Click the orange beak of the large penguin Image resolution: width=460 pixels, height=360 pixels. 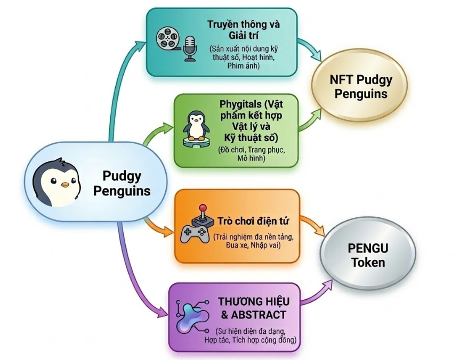66,185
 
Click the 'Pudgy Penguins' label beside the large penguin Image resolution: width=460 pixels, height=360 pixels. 122,183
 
